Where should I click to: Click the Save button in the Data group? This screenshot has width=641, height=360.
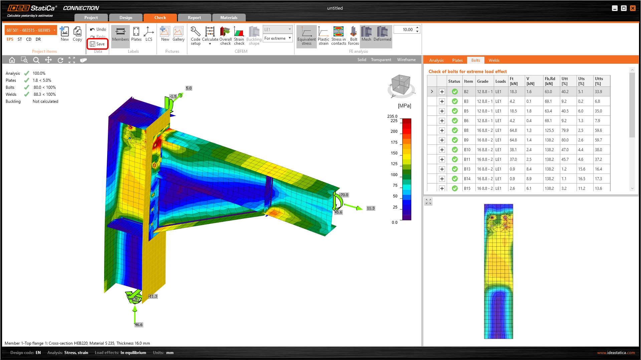(x=97, y=44)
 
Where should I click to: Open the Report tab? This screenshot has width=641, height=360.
(x=194, y=18)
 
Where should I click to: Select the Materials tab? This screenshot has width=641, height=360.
(x=229, y=18)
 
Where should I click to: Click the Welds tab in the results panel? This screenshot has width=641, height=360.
(x=494, y=60)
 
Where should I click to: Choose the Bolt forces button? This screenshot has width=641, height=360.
(x=353, y=36)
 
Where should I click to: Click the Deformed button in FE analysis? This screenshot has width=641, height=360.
(x=382, y=34)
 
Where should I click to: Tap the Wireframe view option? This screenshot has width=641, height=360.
(x=406, y=60)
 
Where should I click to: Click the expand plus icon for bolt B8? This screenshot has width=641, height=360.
(x=442, y=130)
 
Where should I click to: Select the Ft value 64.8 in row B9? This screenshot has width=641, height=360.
(x=513, y=140)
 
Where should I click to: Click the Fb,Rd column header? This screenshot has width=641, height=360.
(x=550, y=81)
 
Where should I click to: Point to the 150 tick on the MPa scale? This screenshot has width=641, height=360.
(x=394, y=153)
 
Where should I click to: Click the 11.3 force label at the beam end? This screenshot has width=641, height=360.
(x=371, y=208)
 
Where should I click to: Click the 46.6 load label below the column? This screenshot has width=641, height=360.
(x=139, y=325)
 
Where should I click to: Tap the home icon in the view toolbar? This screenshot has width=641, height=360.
(x=12, y=60)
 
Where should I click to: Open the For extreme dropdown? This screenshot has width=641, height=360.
(x=277, y=38)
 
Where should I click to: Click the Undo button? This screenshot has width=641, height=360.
(x=98, y=29)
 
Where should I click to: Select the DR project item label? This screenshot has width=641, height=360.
(x=38, y=39)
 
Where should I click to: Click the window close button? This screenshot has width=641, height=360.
(x=633, y=8)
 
